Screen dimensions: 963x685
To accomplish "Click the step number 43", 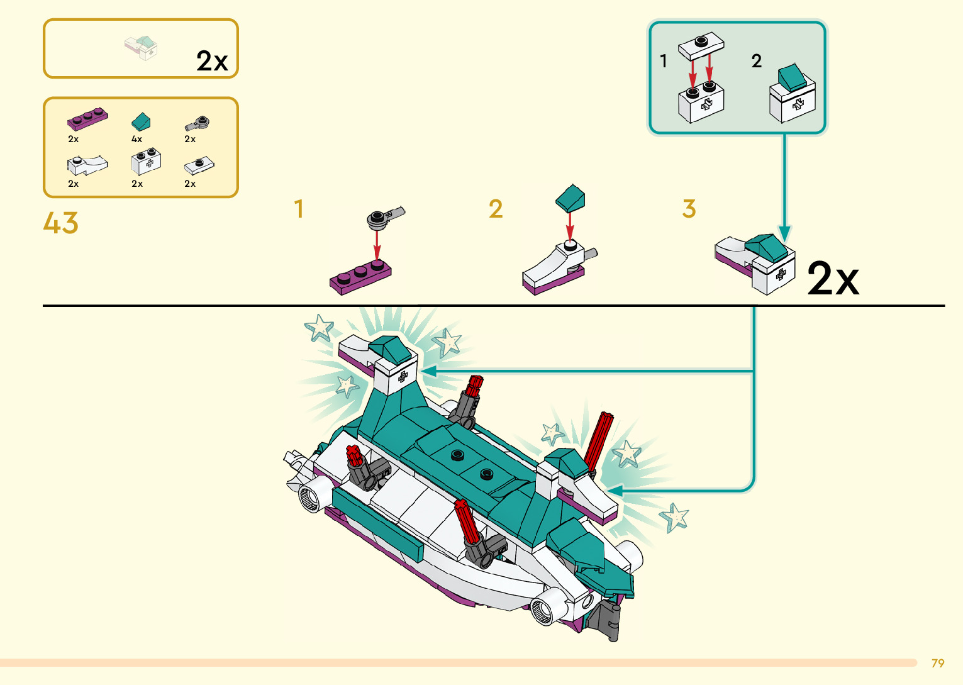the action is tap(60, 223).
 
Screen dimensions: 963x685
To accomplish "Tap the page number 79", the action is tap(938, 664).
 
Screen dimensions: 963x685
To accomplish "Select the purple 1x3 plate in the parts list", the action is tap(87, 119).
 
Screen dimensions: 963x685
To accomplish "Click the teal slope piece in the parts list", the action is tap(141, 121).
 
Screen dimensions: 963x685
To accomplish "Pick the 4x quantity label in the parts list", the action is tap(136, 139).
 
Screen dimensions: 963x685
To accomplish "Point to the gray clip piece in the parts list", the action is tap(198, 123).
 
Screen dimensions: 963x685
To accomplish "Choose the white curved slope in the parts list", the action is tap(87, 165).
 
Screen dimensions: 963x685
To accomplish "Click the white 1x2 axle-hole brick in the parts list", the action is tap(146, 162).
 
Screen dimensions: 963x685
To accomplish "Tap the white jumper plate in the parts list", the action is tap(199, 165).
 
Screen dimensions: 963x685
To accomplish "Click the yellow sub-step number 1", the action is tap(299, 209).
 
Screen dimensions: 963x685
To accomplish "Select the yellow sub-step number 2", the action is tap(496, 209).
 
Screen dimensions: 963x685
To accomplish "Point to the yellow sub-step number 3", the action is tap(689, 209).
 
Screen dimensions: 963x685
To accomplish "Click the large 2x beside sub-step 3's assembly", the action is tap(833, 279).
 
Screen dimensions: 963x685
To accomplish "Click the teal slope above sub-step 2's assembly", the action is tap(570, 198).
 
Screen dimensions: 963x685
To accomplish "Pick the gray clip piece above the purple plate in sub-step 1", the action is tap(386, 216).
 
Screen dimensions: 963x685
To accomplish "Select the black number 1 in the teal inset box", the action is tap(664, 60).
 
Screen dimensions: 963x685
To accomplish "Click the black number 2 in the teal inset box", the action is tap(757, 60).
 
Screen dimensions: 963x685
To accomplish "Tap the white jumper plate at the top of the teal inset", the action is tap(701, 45).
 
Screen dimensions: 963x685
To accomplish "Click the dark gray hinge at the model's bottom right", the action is tap(605, 620).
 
